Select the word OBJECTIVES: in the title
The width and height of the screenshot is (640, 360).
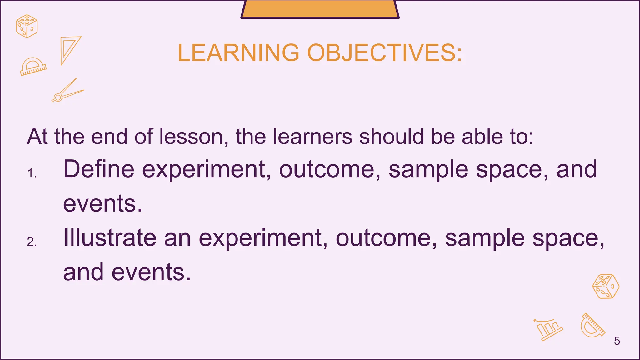click(x=385, y=52)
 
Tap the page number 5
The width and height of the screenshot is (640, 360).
click(x=617, y=341)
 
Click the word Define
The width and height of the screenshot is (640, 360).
click(x=99, y=169)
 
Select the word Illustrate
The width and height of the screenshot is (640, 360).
click(x=110, y=238)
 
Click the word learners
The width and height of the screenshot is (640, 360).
click(x=312, y=137)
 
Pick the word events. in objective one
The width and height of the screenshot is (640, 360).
click(x=103, y=203)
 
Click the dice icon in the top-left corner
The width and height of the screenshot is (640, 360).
click(x=27, y=26)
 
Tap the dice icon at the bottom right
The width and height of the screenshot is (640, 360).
click(x=606, y=287)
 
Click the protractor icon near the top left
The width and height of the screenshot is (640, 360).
click(x=33, y=67)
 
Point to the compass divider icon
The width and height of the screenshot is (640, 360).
click(x=67, y=91)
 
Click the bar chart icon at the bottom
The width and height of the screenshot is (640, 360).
click(x=549, y=330)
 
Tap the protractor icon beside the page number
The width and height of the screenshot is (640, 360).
click(x=592, y=326)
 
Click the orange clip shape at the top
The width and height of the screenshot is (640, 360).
click(x=320, y=9)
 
